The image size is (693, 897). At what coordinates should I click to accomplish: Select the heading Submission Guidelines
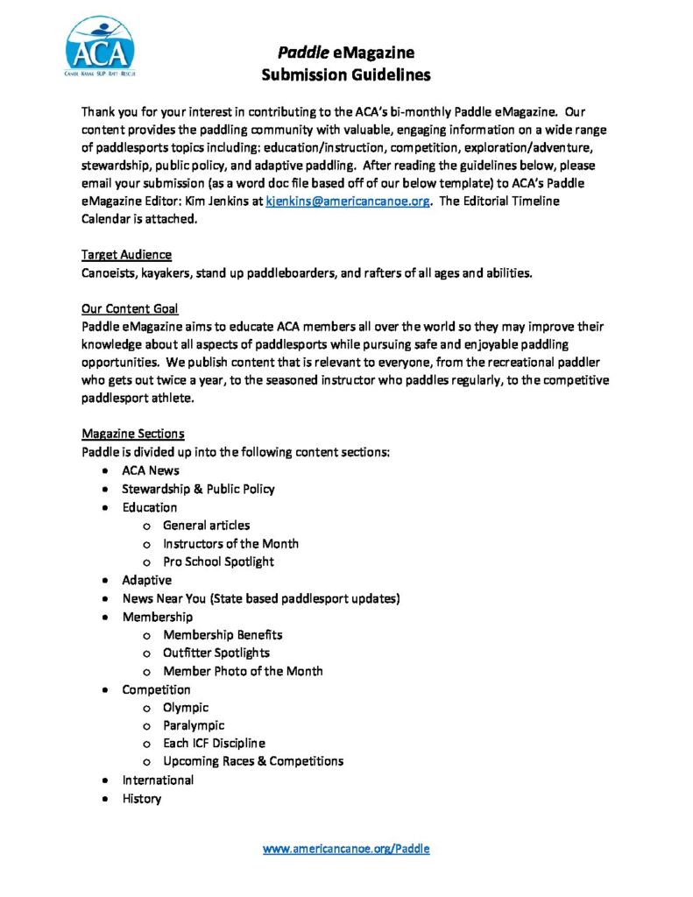coord(346,74)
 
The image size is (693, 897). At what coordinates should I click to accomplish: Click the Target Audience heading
coord(126,255)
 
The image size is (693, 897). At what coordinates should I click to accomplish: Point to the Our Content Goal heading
coord(130,308)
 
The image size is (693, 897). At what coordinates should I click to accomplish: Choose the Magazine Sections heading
coord(132,434)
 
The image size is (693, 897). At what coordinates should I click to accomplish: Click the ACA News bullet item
coord(150,470)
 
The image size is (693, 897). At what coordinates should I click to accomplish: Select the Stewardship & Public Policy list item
coord(198,489)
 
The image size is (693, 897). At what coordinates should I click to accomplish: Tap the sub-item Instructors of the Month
coord(230,543)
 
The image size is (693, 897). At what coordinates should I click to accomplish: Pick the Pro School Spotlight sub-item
coord(218,562)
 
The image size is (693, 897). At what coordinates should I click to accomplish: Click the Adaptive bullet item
coord(146,580)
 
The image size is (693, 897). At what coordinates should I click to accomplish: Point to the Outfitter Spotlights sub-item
coord(216,653)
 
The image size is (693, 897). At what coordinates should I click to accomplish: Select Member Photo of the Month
coord(243,671)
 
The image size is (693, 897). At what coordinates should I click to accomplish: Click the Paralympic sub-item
coord(194,725)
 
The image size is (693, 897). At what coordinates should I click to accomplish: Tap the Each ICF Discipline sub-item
coord(214,744)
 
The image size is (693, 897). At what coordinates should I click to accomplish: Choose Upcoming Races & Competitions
coord(253,761)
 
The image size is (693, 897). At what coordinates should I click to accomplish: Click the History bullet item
coord(141,798)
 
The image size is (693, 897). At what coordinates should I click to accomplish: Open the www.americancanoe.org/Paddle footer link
coord(346,848)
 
